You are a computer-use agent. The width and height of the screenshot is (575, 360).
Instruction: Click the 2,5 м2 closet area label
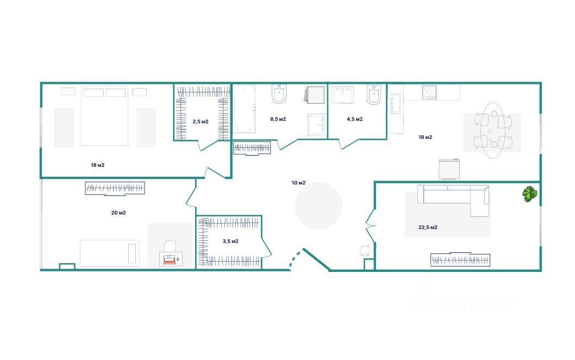[201, 121]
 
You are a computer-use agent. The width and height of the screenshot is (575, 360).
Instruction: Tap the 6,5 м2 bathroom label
[278, 119]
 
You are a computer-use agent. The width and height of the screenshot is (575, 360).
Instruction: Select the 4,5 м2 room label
[354, 119]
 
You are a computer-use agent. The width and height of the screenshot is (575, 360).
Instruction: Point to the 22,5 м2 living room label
[428, 227]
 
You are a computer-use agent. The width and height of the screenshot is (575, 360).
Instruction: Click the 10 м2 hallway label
[298, 183]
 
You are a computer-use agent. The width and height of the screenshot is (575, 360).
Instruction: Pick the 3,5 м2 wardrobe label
[230, 241]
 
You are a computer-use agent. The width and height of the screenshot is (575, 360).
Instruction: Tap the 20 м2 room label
[118, 213]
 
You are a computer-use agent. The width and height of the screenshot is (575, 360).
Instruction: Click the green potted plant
[530, 194]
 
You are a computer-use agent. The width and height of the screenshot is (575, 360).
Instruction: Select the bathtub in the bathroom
[244, 109]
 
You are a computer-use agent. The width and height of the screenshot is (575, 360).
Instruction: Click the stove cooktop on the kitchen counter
[429, 92]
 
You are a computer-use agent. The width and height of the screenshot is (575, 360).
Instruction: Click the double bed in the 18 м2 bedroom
[104, 116]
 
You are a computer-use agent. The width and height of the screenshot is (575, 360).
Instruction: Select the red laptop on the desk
[170, 260]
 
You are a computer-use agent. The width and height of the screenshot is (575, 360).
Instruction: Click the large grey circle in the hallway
[318, 206]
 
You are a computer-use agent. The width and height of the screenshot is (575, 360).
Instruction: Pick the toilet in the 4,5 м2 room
[374, 95]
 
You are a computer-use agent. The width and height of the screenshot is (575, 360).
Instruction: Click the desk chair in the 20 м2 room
[170, 246]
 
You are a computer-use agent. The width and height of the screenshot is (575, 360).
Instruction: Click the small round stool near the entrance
[365, 251]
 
